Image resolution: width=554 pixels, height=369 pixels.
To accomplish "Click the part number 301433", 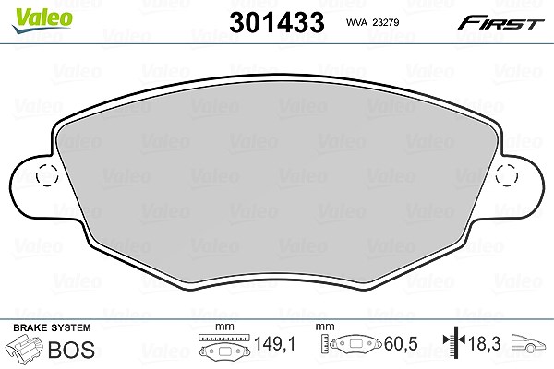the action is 277,22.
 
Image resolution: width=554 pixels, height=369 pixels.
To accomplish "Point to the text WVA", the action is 356,22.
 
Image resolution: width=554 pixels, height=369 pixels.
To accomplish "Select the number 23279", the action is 386,22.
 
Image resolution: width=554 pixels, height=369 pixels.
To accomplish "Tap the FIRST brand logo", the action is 500,23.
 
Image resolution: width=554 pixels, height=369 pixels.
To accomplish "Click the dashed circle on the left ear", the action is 47,175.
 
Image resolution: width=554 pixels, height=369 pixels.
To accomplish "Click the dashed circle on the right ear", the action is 507,175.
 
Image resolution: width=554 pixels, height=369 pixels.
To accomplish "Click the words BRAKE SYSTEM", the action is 52,327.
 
